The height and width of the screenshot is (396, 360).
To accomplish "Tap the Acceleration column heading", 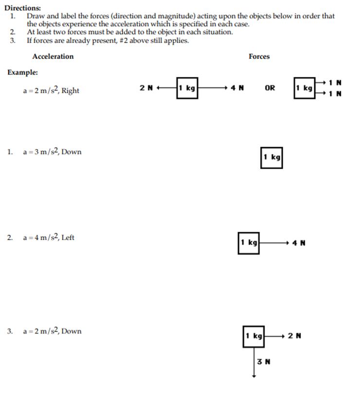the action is click(x=53, y=57).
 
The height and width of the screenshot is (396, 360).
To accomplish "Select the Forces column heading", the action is click(x=259, y=57).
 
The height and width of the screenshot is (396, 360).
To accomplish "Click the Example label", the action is click(x=22, y=73).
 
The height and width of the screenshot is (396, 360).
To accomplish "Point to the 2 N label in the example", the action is click(x=146, y=88).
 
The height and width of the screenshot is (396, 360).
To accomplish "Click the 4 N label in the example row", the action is click(x=237, y=88).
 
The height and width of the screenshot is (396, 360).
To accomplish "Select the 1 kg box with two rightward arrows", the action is click(x=305, y=88).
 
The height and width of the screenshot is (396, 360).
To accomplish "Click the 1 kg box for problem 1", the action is click(x=271, y=157).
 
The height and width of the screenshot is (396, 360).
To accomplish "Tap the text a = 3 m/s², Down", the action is click(x=53, y=152).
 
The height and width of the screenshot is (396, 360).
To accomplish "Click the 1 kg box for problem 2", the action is click(x=249, y=243).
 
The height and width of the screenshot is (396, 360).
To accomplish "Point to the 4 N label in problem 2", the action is click(x=299, y=243).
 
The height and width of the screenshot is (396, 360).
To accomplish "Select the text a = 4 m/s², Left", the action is click(x=49, y=238).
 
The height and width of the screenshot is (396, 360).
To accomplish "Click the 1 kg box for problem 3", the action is click(x=253, y=336).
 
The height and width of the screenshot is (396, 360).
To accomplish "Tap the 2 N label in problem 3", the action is click(x=294, y=336).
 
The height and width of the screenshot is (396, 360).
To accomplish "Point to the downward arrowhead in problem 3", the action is click(x=253, y=376).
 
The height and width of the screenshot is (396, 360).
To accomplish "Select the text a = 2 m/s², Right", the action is click(x=51, y=91).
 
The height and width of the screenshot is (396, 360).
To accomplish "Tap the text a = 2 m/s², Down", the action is click(x=53, y=331).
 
